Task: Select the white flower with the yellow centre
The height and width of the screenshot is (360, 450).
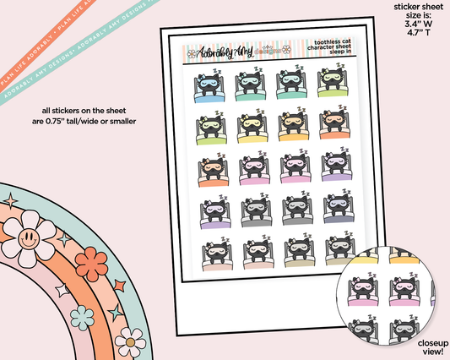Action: (129, 341)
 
